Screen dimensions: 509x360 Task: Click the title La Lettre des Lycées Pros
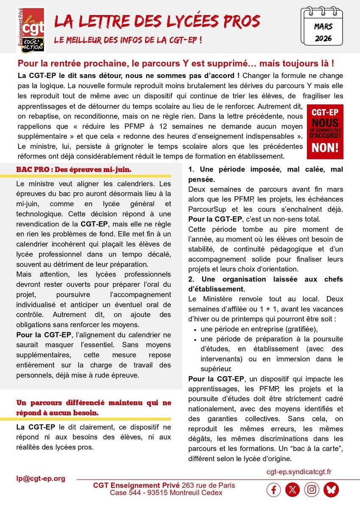[157, 21]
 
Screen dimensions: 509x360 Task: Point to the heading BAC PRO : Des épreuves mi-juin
[74, 169]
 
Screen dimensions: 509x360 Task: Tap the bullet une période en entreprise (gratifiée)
[259, 329]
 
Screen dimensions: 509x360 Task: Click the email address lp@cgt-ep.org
[41, 478]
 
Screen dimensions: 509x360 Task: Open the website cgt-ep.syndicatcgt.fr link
[299, 471]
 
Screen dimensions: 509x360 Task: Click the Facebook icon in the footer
[273, 490]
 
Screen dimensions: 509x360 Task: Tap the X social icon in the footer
[293, 490]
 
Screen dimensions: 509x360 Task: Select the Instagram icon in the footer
[312, 490]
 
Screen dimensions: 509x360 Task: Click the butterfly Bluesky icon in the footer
[331, 490]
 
